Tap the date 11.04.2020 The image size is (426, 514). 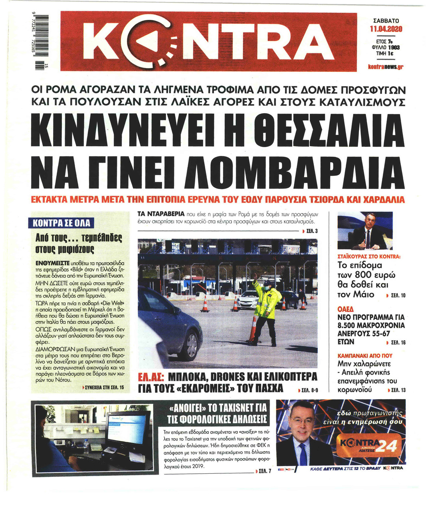[386, 29]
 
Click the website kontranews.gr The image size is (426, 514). [386, 67]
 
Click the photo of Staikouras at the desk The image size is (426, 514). [365, 231]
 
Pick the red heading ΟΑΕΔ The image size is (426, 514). [345, 309]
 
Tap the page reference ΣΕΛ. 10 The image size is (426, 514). [397, 295]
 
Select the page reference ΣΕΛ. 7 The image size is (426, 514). [264, 471]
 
